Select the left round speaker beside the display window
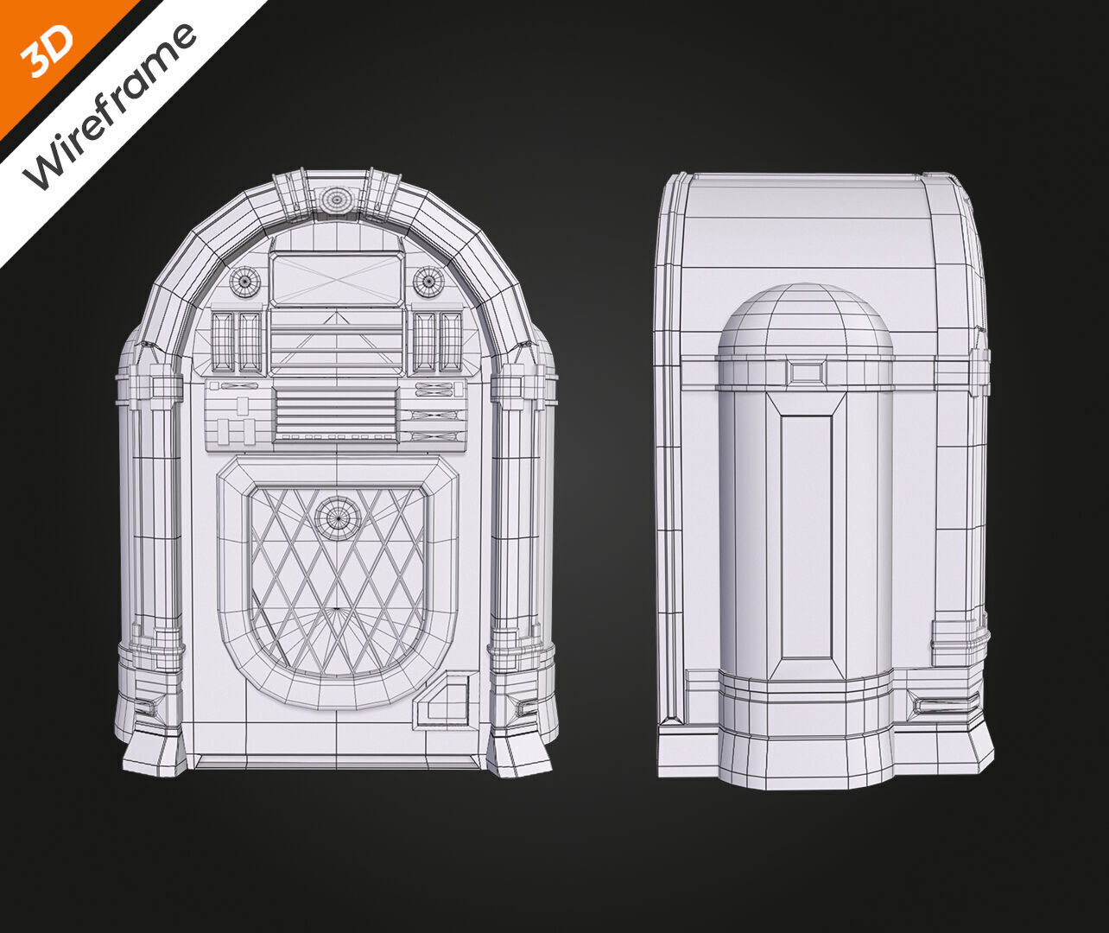click(x=244, y=281)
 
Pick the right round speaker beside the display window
click(x=428, y=281)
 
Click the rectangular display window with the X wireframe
click(x=336, y=279)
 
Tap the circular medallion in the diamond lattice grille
click(x=337, y=517)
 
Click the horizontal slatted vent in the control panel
click(x=336, y=412)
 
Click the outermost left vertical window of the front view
click(x=222, y=342)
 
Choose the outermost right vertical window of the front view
click(x=451, y=342)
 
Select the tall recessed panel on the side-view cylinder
click(x=807, y=536)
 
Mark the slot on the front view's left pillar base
click(x=147, y=708)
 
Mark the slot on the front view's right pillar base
click(x=526, y=708)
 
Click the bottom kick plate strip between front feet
click(x=336, y=762)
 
